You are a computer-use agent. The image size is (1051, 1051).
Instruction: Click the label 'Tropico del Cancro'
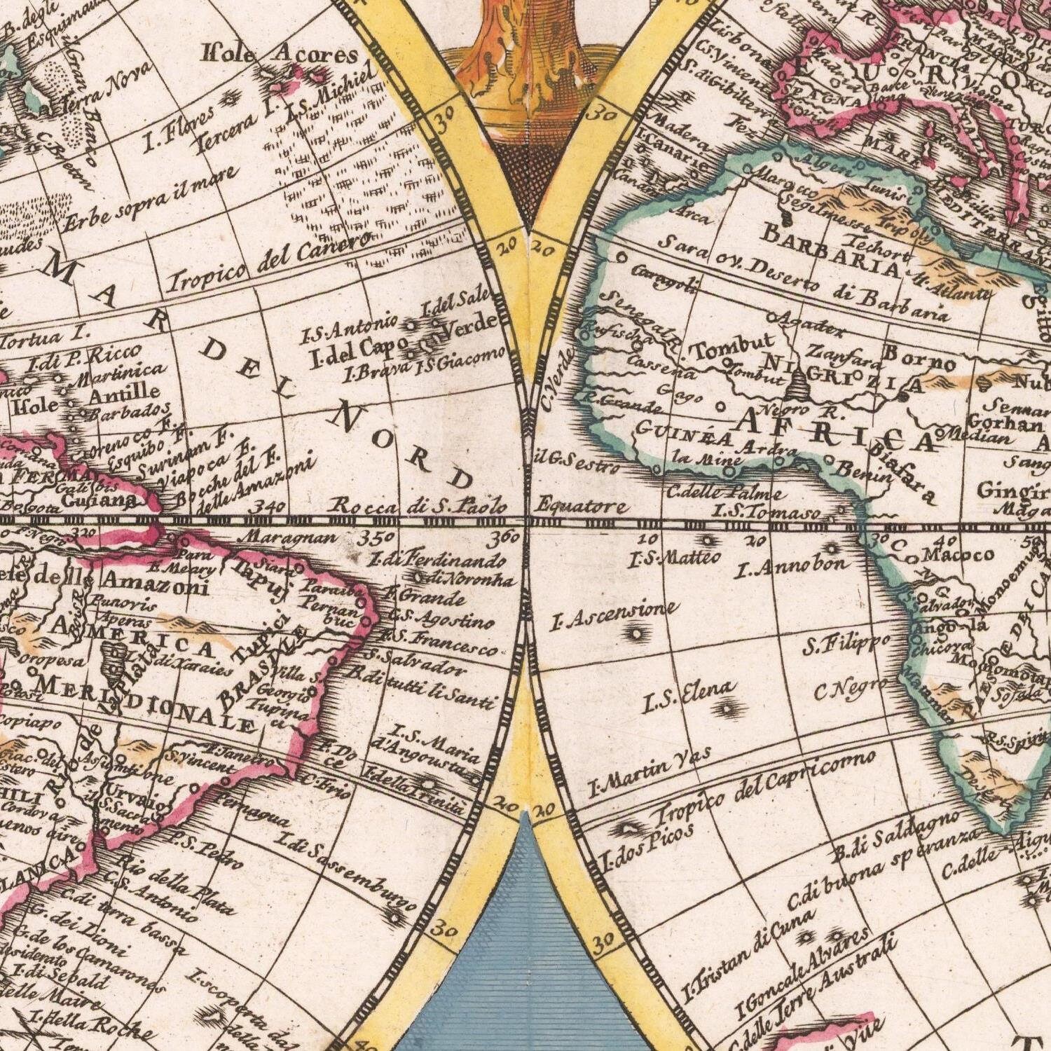270,263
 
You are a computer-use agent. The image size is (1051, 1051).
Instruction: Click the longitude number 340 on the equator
270,506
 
